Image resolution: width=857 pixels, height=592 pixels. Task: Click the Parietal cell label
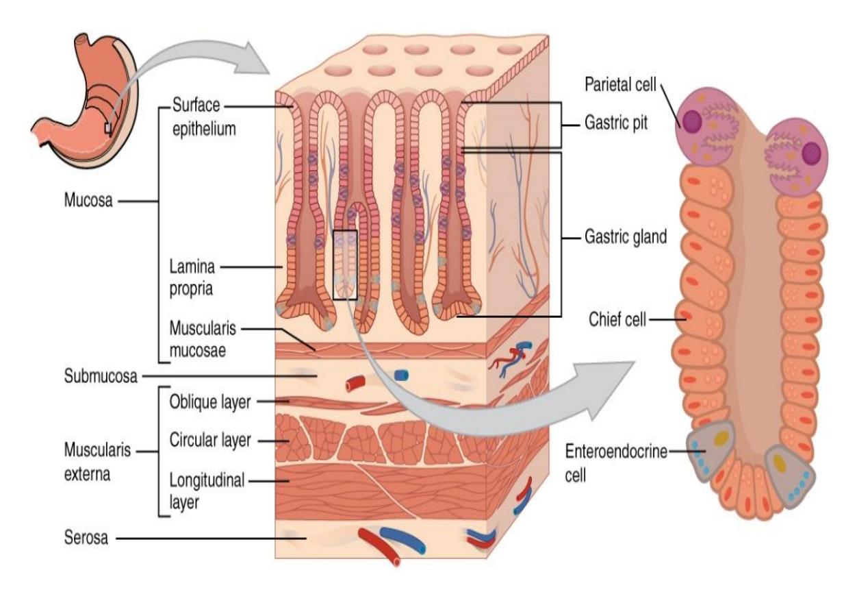pos(620,85)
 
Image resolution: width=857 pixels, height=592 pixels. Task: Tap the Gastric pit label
pos(616,123)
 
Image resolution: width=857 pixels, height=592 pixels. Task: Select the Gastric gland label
pos(626,237)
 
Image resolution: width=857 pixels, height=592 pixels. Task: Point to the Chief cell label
pos(617,319)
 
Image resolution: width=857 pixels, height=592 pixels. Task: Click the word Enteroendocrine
pos(616,452)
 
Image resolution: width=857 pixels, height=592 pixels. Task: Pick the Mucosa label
pos(88,200)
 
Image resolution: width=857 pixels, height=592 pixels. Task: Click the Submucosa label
pos(101,376)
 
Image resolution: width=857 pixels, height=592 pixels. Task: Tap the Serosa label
pos(86,538)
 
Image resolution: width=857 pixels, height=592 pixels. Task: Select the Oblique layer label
pos(210,402)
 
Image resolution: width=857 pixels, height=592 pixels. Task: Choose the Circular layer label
pos(210,441)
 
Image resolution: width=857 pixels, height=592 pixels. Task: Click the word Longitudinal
pos(207,480)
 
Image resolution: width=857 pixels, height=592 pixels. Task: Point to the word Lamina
pos(192,267)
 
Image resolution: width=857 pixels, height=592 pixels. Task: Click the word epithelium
pos(204,129)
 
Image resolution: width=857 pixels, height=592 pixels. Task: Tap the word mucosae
pos(197,350)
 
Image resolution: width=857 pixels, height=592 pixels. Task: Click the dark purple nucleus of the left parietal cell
pos(692,122)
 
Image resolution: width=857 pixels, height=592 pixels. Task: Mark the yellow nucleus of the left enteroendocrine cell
pos(721,437)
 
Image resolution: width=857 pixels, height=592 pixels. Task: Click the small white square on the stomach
pos(108,128)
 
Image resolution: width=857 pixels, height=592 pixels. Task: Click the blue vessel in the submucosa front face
pos(401,375)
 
